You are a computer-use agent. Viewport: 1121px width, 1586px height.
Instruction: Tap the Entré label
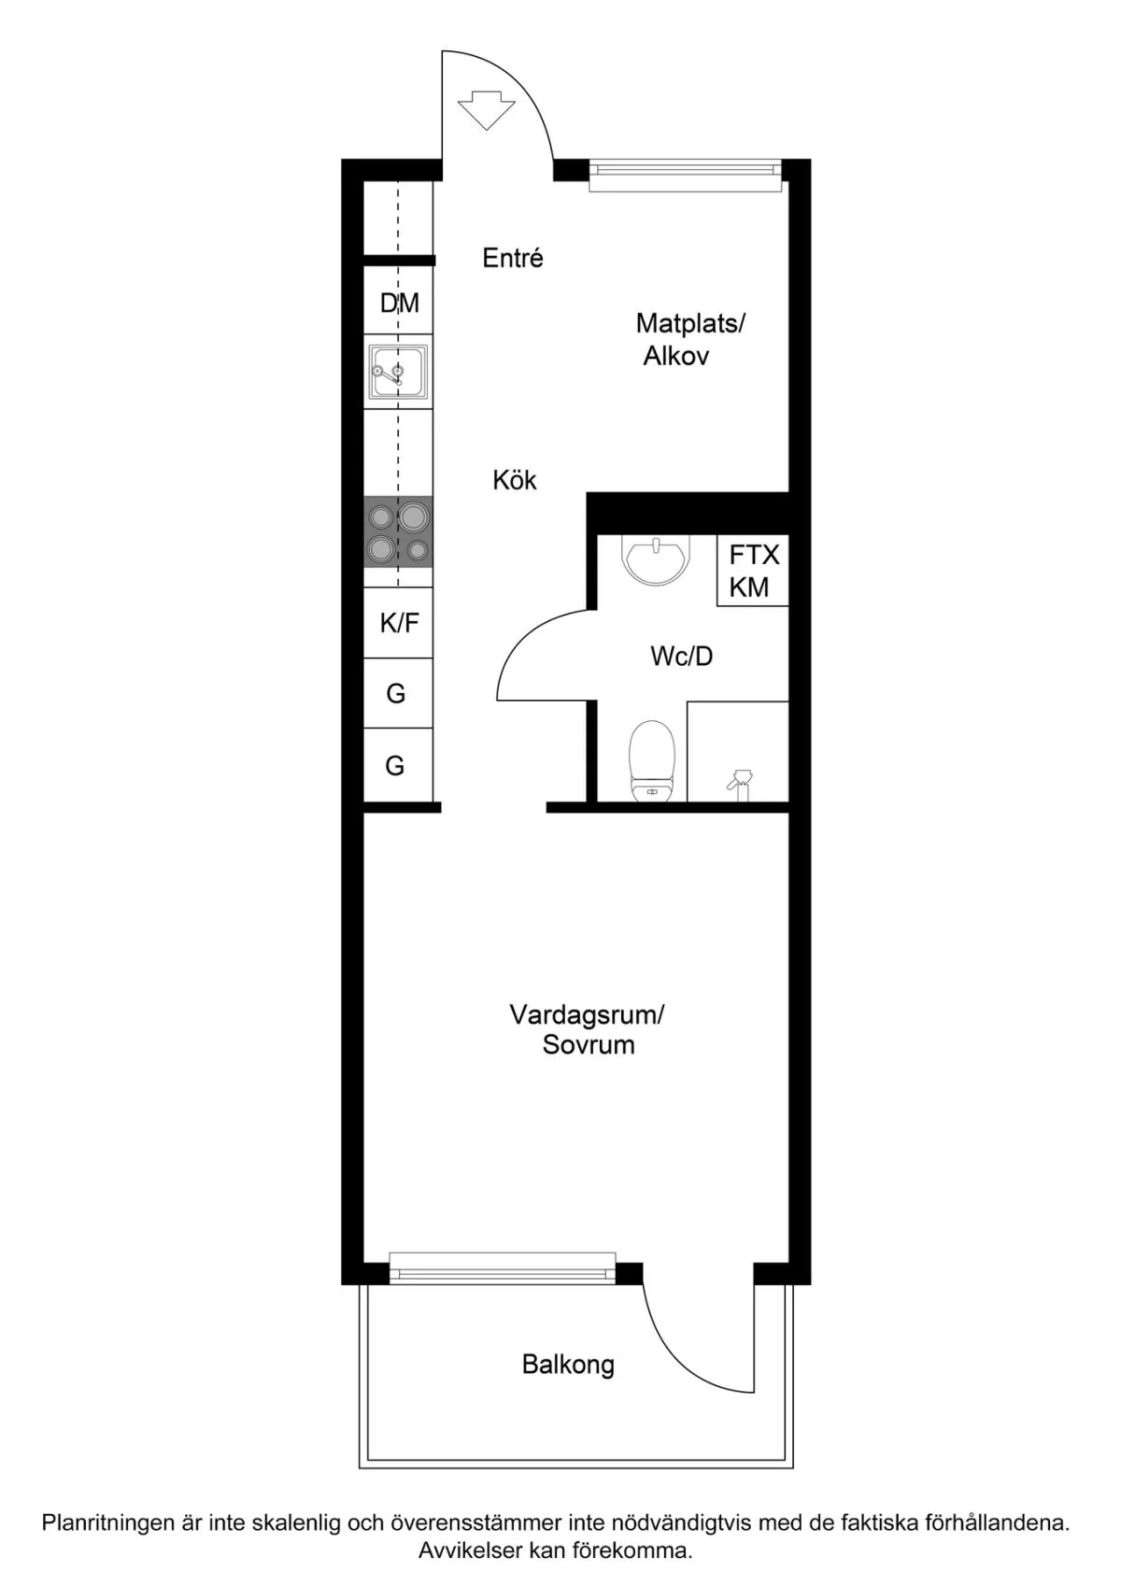point(513,258)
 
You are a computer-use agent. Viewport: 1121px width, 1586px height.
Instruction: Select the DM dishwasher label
point(400,303)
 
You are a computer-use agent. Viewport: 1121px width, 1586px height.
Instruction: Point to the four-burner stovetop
point(399,531)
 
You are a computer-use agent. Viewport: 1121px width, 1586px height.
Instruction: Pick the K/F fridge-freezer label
point(400,623)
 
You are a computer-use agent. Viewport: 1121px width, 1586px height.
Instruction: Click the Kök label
point(515,481)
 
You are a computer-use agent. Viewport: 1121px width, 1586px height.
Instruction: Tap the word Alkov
point(675,356)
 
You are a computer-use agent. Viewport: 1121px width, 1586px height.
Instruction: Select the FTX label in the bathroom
point(754,555)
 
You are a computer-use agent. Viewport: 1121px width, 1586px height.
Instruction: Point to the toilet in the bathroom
point(652,761)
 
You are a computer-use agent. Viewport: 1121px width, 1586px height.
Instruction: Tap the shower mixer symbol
point(739,785)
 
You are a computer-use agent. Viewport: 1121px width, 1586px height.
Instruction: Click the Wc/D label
point(681,657)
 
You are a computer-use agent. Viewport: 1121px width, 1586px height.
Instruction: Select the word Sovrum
point(589,1045)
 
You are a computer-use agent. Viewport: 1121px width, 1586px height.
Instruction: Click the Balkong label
point(568,1365)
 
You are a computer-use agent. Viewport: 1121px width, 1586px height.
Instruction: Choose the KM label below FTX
point(749,587)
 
